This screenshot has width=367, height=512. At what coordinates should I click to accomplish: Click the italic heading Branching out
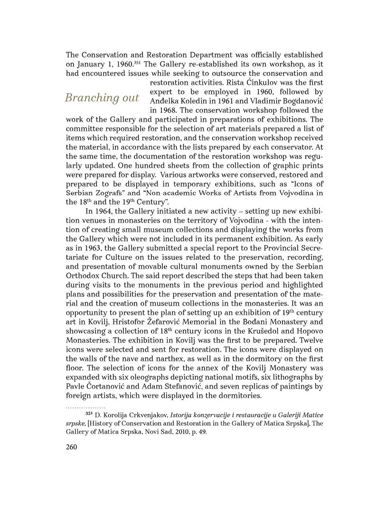pyautogui.click(x=102, y=98)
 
